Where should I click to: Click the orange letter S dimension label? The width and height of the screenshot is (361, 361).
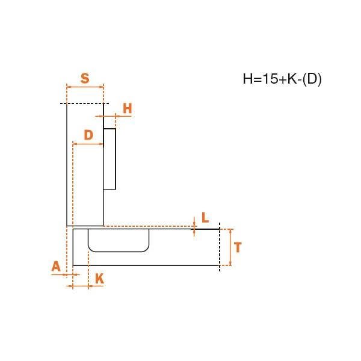click(85, 78)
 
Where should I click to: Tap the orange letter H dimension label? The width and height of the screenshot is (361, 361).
click(128, 108)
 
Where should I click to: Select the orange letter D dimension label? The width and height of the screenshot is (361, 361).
click(88, 135)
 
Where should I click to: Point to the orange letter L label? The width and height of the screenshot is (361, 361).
click(205, 218)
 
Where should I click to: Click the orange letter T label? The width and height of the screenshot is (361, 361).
click(238, 247)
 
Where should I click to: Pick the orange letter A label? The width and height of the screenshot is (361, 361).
click(56, 267)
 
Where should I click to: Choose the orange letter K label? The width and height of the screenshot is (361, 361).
click(99, 279)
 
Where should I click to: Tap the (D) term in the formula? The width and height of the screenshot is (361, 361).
click(312, 79)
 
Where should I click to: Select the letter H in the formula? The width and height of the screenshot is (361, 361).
click(248, 79)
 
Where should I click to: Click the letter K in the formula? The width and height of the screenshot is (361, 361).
click(292, 79)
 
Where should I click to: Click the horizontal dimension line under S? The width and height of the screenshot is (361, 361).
click(85, 87)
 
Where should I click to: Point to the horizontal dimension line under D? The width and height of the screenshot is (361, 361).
click(88, 144)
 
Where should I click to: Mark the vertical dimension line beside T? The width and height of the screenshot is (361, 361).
click(230, 247)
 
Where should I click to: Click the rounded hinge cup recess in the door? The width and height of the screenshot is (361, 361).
click(119, 240)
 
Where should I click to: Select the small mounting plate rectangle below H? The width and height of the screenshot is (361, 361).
click(110, 159)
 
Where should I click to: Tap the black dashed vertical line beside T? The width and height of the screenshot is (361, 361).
click(220, 247)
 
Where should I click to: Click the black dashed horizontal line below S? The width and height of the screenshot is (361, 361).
click(84, 103)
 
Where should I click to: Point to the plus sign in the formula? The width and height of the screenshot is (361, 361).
click(283, 79)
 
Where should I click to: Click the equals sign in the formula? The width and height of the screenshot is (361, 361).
click(258, 79)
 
